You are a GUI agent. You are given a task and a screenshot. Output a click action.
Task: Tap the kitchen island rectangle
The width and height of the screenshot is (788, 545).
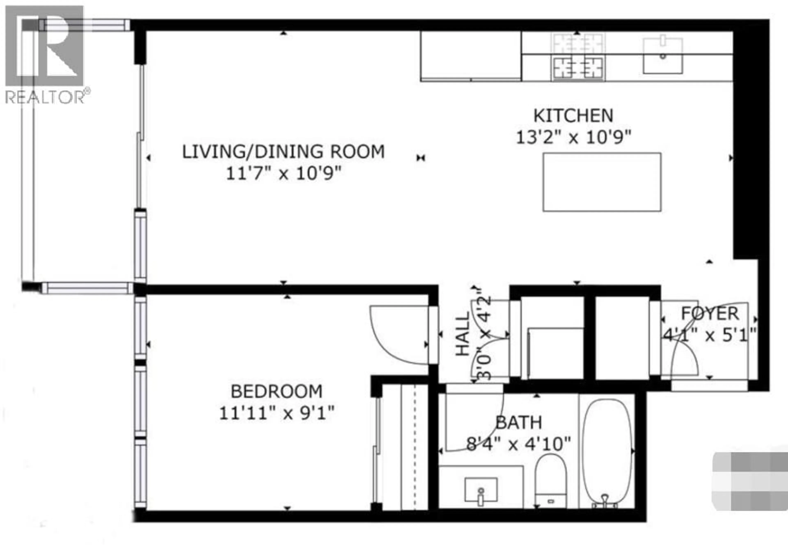click(x=602, y=182)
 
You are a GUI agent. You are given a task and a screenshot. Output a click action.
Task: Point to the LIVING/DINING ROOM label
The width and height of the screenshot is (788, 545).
click(x=283, y=152)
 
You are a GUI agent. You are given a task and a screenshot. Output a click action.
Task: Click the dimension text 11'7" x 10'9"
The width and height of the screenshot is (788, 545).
click(x=283, y=174)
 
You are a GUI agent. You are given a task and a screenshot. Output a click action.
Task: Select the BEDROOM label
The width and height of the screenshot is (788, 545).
click(x=276, y=391)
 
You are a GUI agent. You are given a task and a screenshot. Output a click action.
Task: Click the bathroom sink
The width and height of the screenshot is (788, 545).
click(x=481, y=490)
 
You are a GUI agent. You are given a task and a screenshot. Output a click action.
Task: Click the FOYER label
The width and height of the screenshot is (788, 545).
click(x=710, y=314)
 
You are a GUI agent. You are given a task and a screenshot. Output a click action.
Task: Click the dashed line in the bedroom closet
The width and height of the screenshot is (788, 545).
click(x=415, y=447)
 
